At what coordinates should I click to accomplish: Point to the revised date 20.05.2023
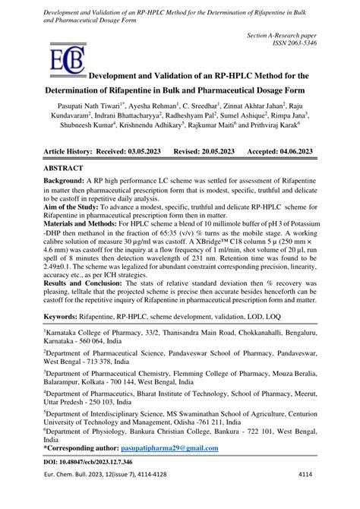225,173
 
